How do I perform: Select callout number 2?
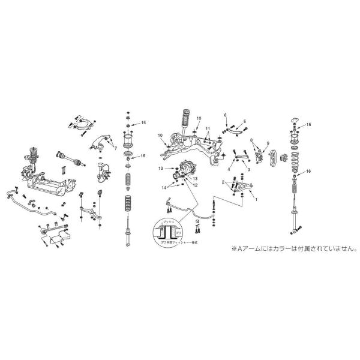(223, 181)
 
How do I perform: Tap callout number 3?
(248, 170)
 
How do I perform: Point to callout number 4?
(229, 170)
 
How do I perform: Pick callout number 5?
(245, 121)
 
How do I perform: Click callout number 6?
(226, 115)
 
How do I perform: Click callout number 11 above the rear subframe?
(207, 129)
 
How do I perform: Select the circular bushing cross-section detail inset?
(169, 233)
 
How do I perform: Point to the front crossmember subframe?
(51, 186)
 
